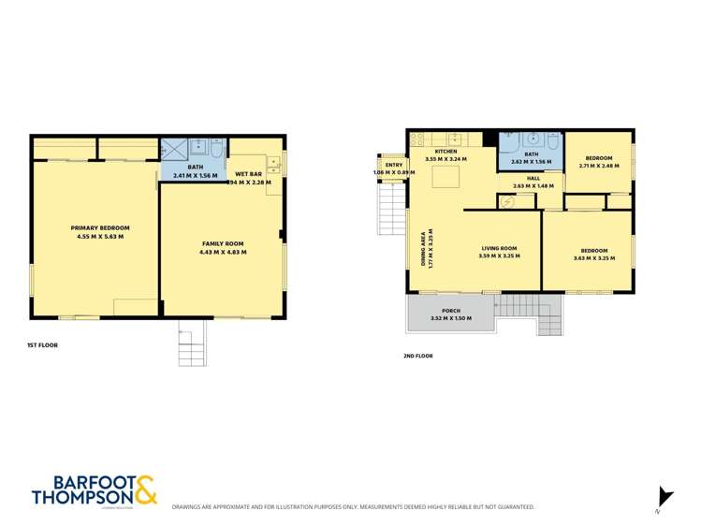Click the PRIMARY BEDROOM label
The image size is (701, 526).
pyautogui.click(x=100, y=227)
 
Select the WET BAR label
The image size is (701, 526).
pyautogui.click(x=248, y=174)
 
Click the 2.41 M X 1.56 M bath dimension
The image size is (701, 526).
pyautogui.click(x=195, y=175)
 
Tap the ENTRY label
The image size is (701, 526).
pyautogui.click(x=393, y=165)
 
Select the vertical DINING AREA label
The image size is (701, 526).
pyautogui.click(x=426, y=250)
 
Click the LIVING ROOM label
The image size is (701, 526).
pyautogui.click(x=498, y=248)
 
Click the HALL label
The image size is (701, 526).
pyautogui.click(x=533, y=177)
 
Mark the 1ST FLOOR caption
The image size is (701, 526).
pyautogui.click(x=42, y=345)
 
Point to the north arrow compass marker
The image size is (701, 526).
pyautogui.click(x=665, y=497)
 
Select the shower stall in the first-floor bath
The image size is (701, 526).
pyautogui.click(x=173, y=149)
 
